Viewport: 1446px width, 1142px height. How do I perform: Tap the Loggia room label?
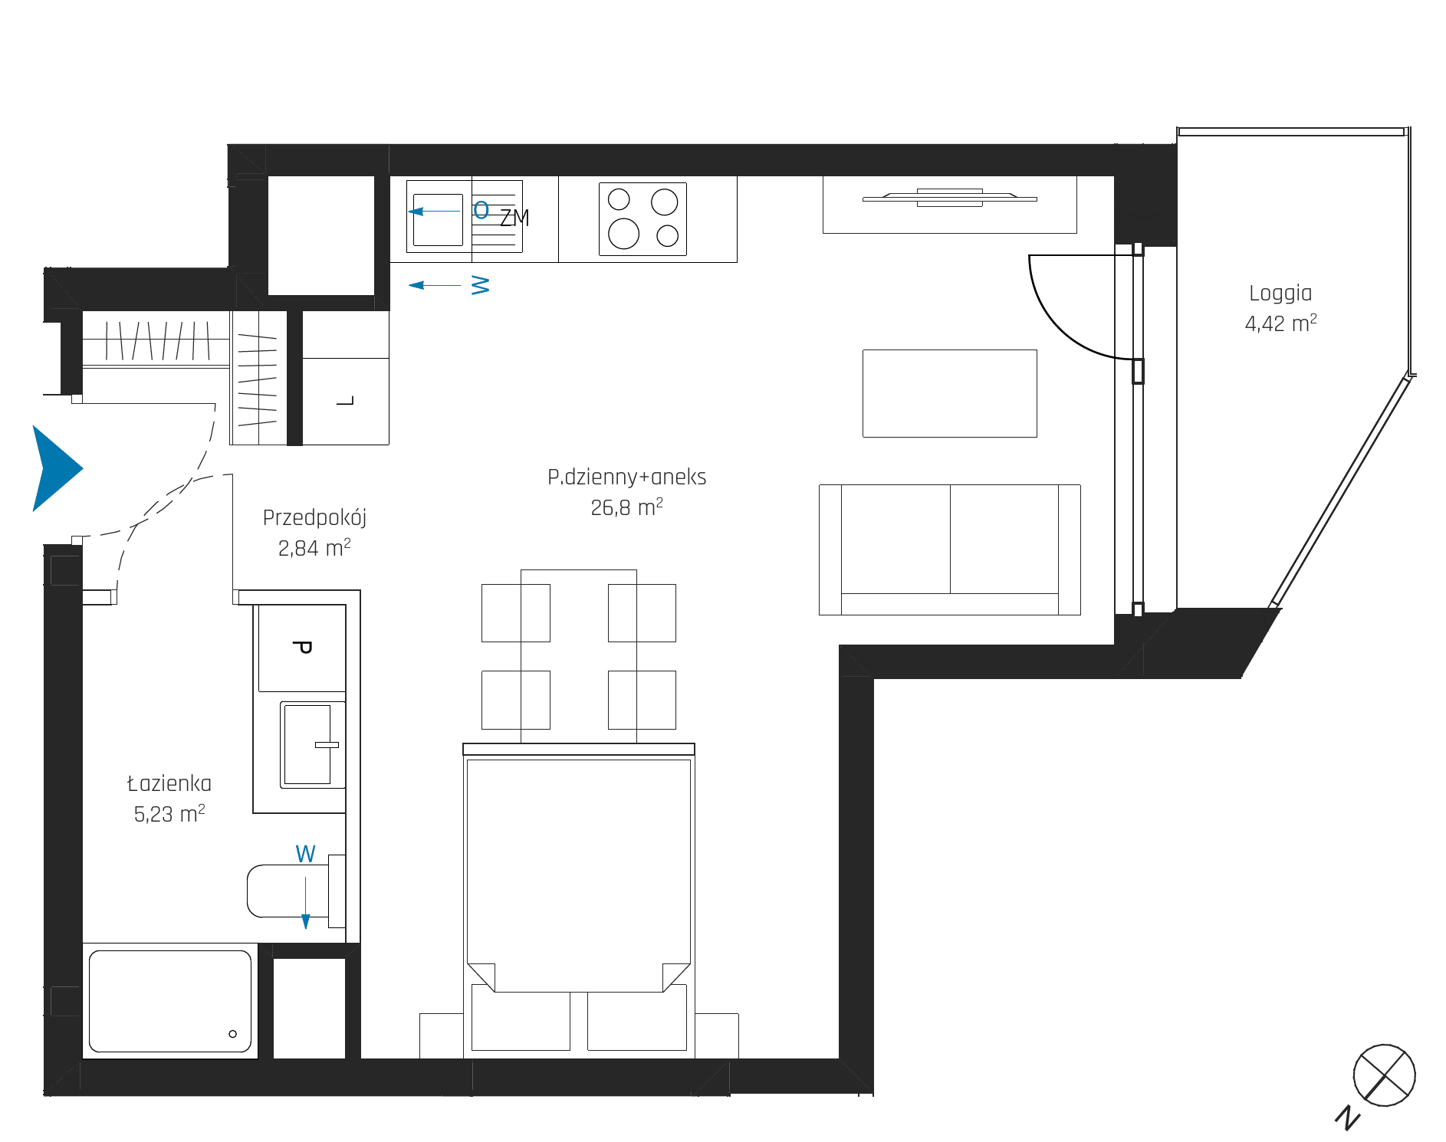(x=1280, y=294)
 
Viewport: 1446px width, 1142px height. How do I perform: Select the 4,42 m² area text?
(x=1280, y=323)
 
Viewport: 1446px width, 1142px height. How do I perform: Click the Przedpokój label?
(x=314, y=518)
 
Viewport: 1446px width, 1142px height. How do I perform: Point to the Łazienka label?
(x=169, y=783)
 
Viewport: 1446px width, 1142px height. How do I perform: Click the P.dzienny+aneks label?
(x=626, y=477)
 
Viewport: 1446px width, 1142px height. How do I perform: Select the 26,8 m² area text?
(x=626, y=507)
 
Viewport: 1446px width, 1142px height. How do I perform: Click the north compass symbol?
(x=1384, y=1075)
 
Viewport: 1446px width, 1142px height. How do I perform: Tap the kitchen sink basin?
(x=438, y=219)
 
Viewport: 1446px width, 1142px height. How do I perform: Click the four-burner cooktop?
(x=642, y=219)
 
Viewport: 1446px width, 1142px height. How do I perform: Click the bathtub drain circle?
(x=233, y=1034)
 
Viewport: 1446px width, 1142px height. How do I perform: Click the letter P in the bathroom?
(x=302, y=648)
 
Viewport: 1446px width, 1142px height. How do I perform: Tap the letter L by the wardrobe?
(x=346, y=400)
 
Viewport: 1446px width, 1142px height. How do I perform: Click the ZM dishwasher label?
(x=514, y=218)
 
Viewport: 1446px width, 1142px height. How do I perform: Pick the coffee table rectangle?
(x=950, y=393)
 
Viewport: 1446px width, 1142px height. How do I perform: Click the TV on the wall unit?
(x=950, y=198)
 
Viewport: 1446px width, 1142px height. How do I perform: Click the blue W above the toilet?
(x=305, y=854)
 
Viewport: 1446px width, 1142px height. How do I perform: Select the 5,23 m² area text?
(x=169, y=814)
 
